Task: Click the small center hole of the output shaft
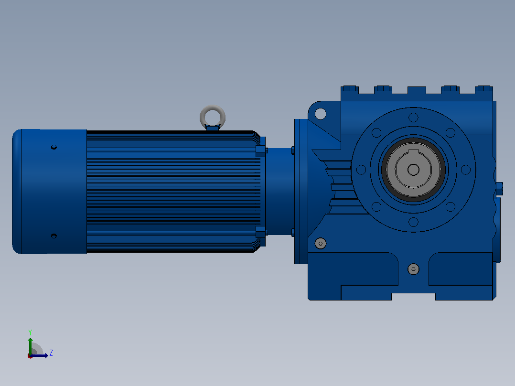[x=413, y=170]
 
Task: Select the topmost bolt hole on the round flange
[x=413, y=117]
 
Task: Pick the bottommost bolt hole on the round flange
[x=413, y=222]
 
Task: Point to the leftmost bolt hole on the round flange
[x=361, y=170]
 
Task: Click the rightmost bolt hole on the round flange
[x=466, y=170]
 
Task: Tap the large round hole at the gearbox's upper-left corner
[x=321, y=114]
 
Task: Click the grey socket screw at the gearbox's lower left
[x=321, y=244]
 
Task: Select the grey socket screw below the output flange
[x=413, y=269]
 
